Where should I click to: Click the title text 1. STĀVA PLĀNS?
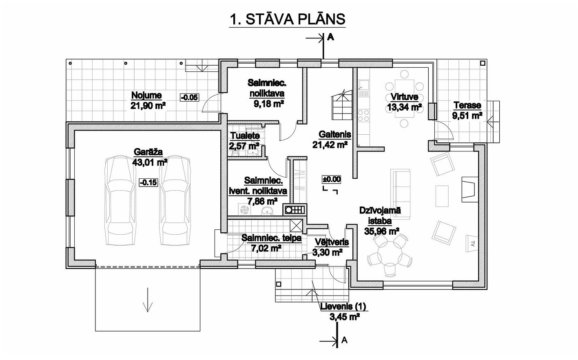(x=287, y=19)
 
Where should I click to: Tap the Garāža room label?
(x=148, y=152)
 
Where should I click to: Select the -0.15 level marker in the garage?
(x=148, y=182)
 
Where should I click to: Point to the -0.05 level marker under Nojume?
(x=189, y=98)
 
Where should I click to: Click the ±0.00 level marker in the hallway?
(x=332, y=179)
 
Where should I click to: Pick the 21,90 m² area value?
(x=148, y=106)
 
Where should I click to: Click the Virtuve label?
(x=404, y=97)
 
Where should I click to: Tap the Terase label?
(x=467, y=105)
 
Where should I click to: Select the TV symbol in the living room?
(x=471, y=243)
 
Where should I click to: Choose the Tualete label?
(x=245, y=136)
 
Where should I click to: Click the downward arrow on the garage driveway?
(x=148, y=300)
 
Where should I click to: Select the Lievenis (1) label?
(x=343, y=307)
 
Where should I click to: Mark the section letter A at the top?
(x=330, y=38)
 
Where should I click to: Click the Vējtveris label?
(x=332, y=242)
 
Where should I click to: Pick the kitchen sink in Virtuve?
(x=364, y=85)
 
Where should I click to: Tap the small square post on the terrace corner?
(x=483, y=63)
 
